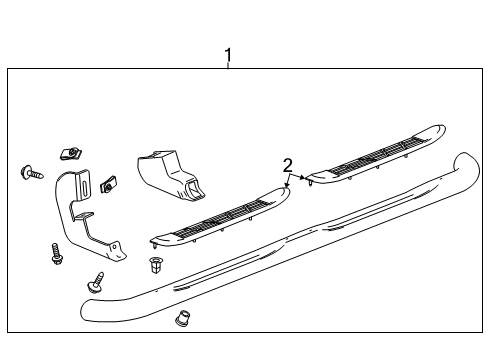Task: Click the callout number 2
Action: [287, 165]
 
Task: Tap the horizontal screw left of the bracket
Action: [30, 172]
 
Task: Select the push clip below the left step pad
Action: [155, 265]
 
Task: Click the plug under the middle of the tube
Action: [182, 321]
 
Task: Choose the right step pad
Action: [375, 155]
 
